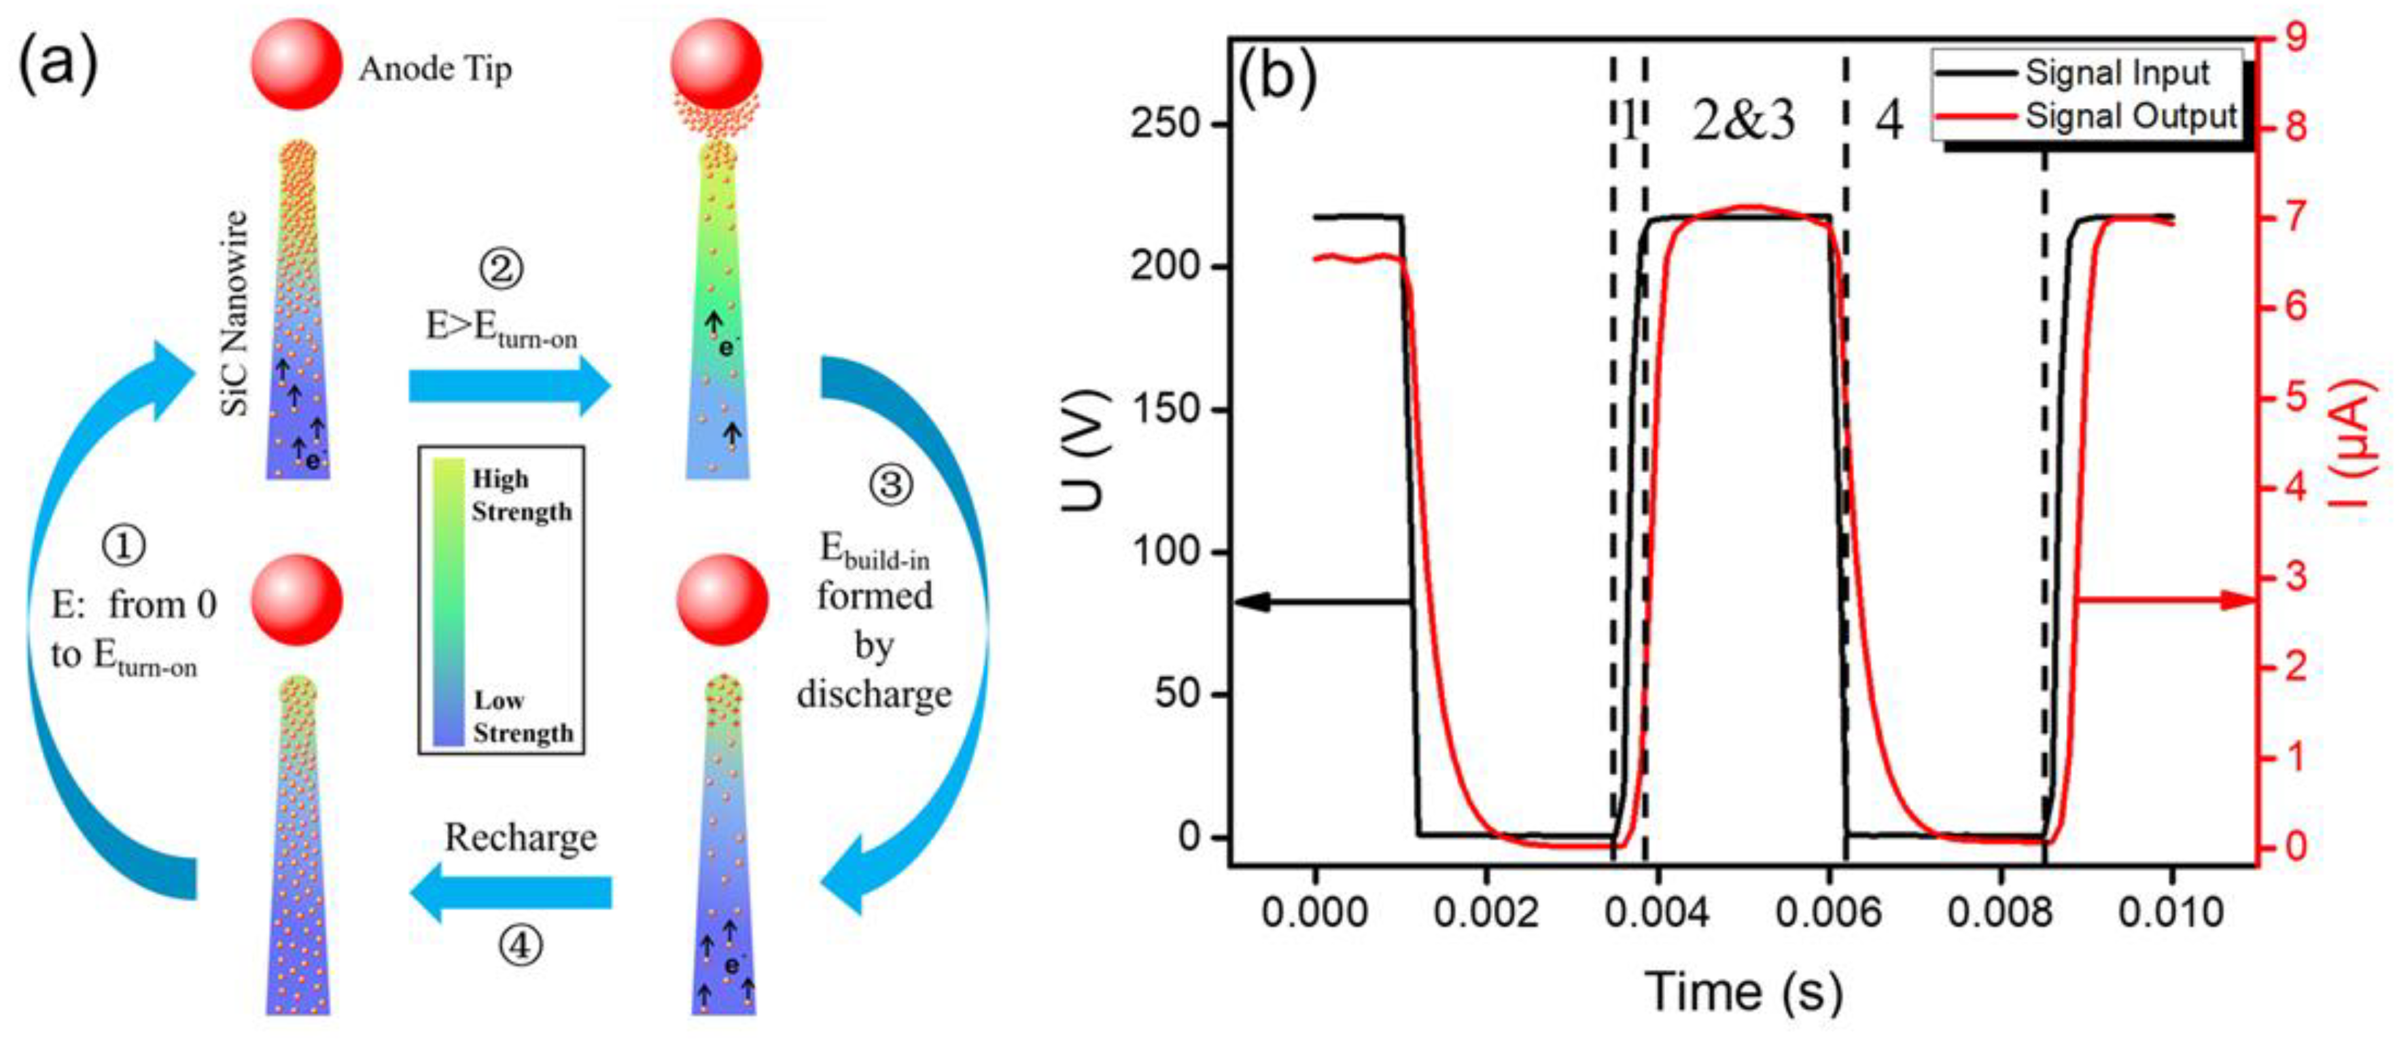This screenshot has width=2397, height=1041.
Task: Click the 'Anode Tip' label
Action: coord(434,70)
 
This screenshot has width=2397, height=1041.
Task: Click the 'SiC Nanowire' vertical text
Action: coord(237,313)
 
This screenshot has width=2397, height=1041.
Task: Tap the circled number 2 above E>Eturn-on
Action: coord(502,269)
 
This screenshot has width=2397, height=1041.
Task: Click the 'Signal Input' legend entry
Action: coord(2117,73)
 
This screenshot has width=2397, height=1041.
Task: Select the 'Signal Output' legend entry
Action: coord(2130,116)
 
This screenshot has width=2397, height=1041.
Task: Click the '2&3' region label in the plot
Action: coord(1743,120)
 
